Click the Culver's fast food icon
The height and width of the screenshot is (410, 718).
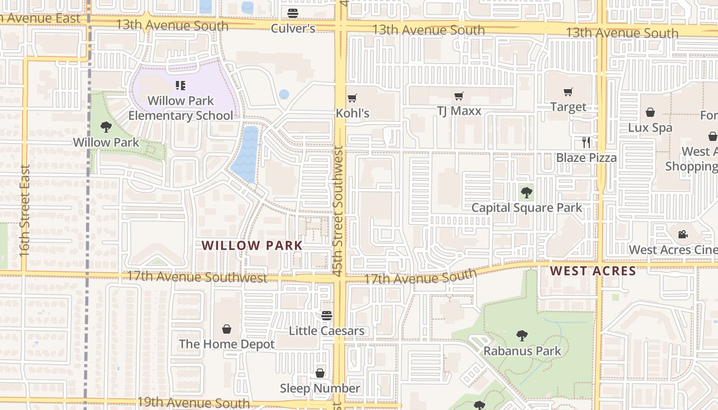[293, 13]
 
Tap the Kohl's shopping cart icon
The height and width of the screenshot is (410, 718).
[352, 98]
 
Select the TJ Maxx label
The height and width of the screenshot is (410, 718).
[459, 111]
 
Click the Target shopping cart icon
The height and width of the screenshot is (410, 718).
[568, 92]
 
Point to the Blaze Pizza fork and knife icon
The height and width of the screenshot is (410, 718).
[586, 142]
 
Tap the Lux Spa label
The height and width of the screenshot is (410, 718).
[650, 128]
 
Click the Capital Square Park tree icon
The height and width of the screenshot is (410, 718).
[526, 193]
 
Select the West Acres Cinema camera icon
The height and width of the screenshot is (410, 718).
[683, 235]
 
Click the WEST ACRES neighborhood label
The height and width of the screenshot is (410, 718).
[593, 271]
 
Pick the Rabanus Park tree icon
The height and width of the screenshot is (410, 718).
[522, 336]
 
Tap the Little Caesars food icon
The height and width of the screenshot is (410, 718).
[327, 316]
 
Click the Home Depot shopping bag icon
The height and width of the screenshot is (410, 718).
[227, 329]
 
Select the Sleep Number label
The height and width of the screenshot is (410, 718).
[320, 388]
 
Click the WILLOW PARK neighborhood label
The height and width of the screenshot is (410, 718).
[252, 245]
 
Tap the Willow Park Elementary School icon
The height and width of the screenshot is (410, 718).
[180, 85]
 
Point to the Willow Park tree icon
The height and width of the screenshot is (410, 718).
[106, 127]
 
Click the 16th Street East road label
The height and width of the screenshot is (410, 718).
[24, 210]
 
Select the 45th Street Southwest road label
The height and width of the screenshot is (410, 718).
[338, 211]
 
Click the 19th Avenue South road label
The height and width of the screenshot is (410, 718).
[193, 403]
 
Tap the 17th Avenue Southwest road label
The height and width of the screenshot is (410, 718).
[197, 277]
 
